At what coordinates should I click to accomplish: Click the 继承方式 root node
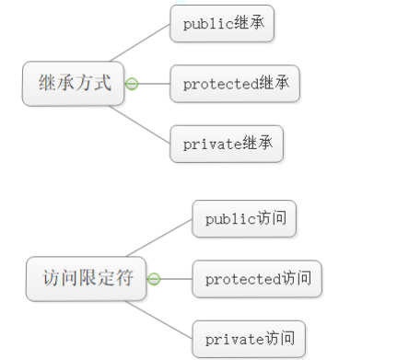pos(75,84)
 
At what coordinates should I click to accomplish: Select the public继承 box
pos(222,23)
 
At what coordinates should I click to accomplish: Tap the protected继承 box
pos(235,84)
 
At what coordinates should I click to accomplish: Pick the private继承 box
pos(226,145)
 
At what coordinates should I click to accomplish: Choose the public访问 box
pos(244,218)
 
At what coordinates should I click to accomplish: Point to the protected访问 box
pos(257,278)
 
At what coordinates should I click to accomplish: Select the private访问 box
pos(248,338)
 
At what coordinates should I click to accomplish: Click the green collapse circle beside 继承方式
pos(131,85)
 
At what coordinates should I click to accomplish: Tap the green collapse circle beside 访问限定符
pos(153,279)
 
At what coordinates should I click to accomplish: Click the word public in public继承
pos(203,23)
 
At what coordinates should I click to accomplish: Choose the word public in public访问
pos(225,218)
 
